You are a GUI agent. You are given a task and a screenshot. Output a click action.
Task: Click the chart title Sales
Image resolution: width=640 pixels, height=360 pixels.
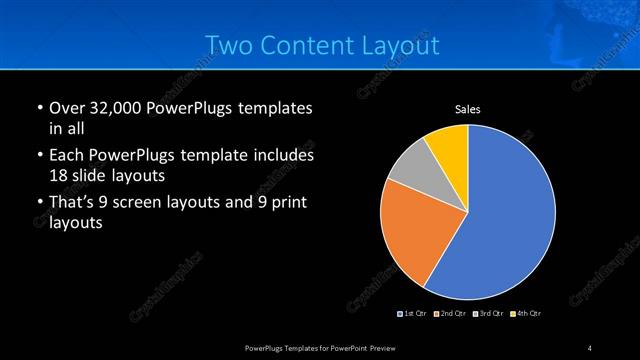tap(469, 109)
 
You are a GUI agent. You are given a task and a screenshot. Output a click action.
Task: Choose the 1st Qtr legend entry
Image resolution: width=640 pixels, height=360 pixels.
tap(414, 314)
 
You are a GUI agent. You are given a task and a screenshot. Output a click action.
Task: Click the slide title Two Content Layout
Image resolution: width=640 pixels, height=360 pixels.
tap(321, 45)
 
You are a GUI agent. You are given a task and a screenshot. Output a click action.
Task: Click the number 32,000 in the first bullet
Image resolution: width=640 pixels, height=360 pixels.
tap(111, 108)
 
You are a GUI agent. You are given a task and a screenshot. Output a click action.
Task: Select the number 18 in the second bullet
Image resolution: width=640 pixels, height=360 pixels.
tap(58, 175)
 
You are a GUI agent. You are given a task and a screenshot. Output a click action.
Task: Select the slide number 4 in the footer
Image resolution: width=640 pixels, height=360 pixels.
tap(590, 347)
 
